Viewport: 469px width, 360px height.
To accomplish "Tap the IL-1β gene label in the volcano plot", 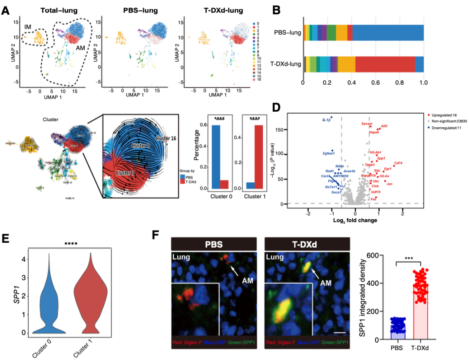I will click(x=327, y=119).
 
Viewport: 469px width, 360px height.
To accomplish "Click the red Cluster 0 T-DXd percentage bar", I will click(x=225, y=184).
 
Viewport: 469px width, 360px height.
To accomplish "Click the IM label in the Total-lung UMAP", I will click(x=28, y=27).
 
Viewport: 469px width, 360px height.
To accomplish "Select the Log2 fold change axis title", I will click(x=355, y=220).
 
